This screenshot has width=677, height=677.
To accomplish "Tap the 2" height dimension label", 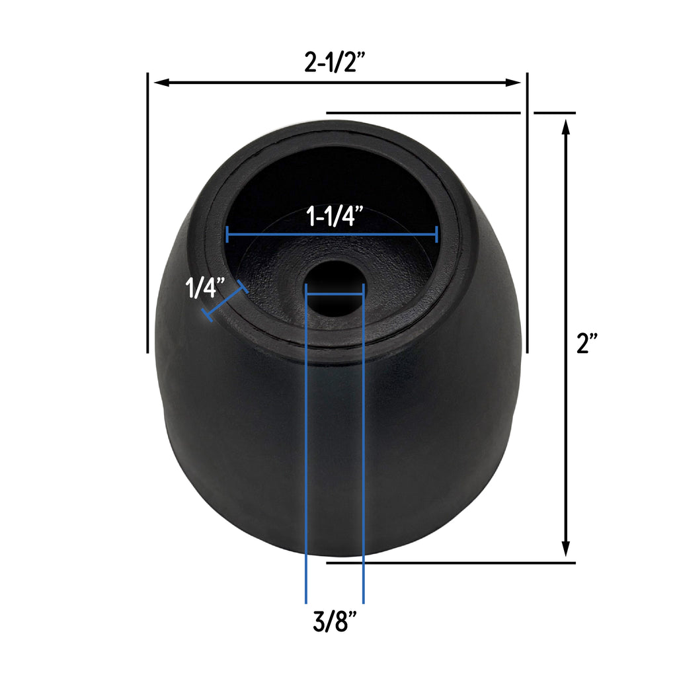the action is tap(587, 343).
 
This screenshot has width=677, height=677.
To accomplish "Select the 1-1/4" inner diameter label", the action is tap(335, 216).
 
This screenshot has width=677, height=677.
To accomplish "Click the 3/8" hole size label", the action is tap(335, 621).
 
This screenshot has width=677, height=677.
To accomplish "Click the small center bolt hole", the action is tap(335, 290).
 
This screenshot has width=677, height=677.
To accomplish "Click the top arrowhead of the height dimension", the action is tap(566, 127).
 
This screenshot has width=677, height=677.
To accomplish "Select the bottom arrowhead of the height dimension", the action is tap(566, 549).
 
